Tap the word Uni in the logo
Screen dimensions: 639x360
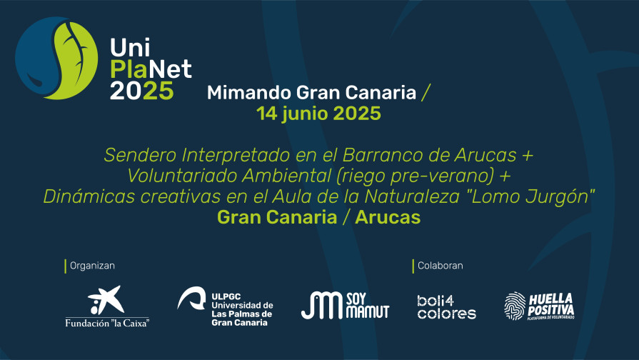[130, 47]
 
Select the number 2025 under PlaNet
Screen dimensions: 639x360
[142, 91]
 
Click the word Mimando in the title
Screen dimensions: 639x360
[249, 93]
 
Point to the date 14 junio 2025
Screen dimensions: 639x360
[318, 114]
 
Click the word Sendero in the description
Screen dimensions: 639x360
[140, 155]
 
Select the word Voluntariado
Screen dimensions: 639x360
[183, 176]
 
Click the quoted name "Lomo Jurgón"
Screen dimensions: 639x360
[530, 196]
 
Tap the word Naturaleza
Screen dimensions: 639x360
[412, 196]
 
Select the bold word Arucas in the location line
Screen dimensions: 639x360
[388, 217]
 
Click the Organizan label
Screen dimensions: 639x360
[93, 266]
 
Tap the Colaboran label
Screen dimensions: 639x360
[440, 266]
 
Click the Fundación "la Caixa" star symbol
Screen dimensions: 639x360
[106, 300]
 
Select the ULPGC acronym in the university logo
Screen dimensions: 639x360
[226, 297]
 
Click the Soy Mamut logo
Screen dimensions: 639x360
[345, 306]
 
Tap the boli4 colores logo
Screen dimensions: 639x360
[447, 307]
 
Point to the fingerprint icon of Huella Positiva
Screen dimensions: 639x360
[515, 306]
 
